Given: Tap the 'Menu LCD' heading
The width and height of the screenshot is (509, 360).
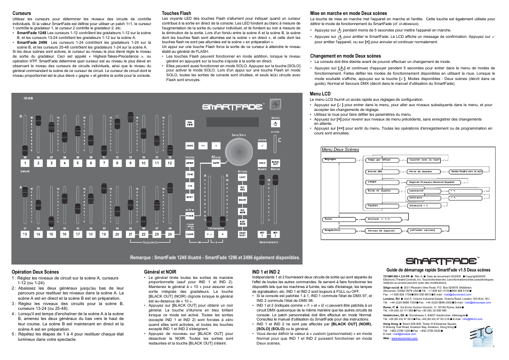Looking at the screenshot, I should [x=320, y=94].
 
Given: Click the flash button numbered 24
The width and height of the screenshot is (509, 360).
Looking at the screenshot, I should [x=170, y=234].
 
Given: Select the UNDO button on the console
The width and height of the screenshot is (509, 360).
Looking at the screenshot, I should [x=190, y=145].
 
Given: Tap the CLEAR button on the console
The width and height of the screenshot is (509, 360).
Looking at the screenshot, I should [x=189, y=234].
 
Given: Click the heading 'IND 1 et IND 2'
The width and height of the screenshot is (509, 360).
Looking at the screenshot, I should [x=266, y=272].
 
